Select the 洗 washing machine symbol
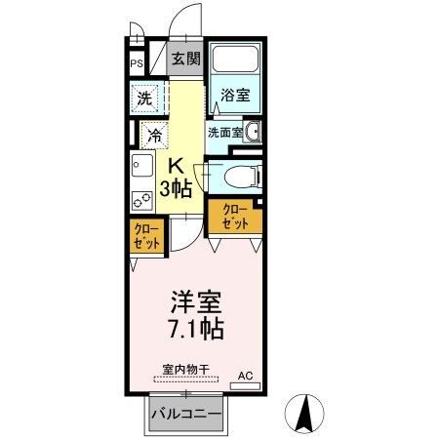[x=144, y=99]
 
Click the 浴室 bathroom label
[x=234, y=96]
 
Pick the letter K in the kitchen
[x=178, y=166]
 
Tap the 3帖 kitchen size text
[x=177, y=189]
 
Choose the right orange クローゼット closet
[x=237, y=216]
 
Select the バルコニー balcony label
[x=185, y=414]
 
